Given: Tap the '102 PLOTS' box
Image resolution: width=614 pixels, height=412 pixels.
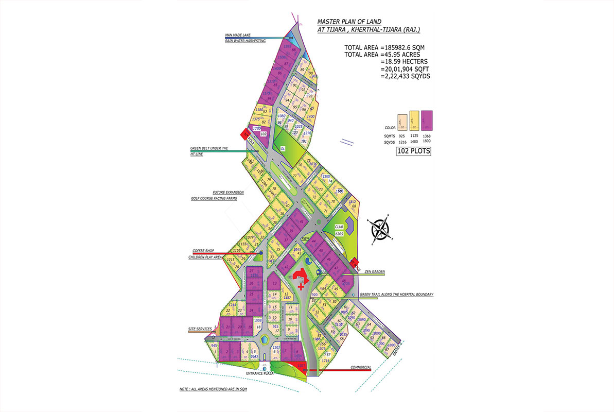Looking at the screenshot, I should [x=413, y=151].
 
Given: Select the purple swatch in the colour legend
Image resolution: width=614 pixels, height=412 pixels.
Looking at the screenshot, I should [x=427, y=121].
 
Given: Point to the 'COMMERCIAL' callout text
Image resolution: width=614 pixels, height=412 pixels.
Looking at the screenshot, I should [x=361, y=367].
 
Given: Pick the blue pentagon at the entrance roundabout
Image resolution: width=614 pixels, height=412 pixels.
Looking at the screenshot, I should [x=265, y=340].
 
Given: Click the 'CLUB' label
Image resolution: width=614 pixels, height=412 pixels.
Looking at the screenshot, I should [x=339, y=227].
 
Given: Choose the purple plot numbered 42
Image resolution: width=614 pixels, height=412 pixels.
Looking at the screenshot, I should [x=286, y=266].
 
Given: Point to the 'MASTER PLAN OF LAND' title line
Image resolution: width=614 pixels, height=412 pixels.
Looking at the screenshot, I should [x=349, y=22].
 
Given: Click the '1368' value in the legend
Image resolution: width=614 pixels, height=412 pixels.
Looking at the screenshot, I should [x=427, y=134].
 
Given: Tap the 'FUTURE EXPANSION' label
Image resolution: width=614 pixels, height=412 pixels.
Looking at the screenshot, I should [x=228, y=192].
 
